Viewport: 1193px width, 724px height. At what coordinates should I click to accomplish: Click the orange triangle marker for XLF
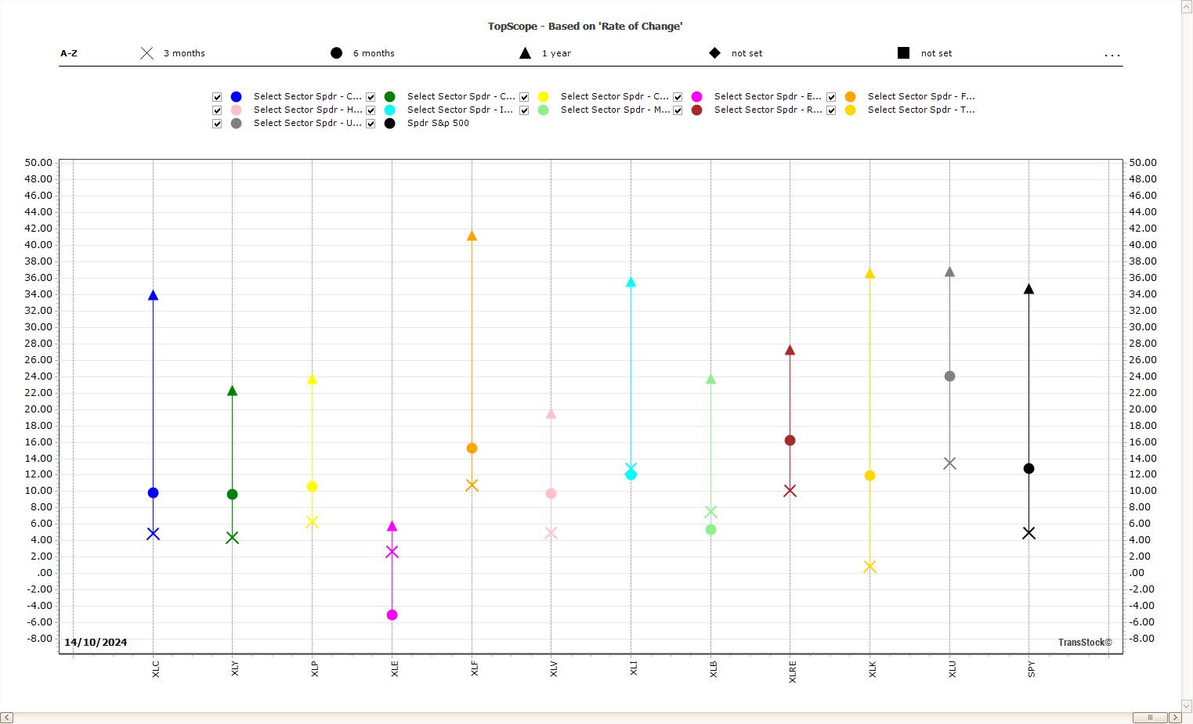tap(472, 236)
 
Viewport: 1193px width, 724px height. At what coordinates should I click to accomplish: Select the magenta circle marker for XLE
tap(392, 615)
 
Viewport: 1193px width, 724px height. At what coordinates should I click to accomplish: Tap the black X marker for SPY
tap(1029, 533)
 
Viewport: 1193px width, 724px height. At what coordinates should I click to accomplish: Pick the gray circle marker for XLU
tap(949, 376)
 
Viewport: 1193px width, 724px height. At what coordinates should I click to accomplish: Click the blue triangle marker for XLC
tap(153, 296)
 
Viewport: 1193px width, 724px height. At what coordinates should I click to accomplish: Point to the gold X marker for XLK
tap(869, 567)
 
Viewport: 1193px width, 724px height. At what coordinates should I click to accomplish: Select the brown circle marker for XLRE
tap(790, 441)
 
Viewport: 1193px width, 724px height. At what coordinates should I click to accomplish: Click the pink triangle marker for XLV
tap(551, 414)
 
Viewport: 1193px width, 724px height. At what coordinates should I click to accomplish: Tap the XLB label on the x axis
tap(713, 668)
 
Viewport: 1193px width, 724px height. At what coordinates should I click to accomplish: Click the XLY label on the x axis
tap(234, 668)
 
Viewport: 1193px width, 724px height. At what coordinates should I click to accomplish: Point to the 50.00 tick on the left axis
tap(38, 163)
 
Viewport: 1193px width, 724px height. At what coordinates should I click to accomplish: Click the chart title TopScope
tap(584, 27)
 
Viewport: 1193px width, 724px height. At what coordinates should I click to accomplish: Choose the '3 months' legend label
tap(184, 53)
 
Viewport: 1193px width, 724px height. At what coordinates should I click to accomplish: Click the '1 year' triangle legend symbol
tap(525, 53)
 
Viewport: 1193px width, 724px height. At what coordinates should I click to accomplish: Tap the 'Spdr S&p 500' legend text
tap(438, 124)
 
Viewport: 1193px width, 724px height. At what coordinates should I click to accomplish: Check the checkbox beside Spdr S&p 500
tap(371, 124)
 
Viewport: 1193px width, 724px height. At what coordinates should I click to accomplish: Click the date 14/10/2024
tap(96, 643)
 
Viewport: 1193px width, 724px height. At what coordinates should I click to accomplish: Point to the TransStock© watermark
tap(1085, 643)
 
